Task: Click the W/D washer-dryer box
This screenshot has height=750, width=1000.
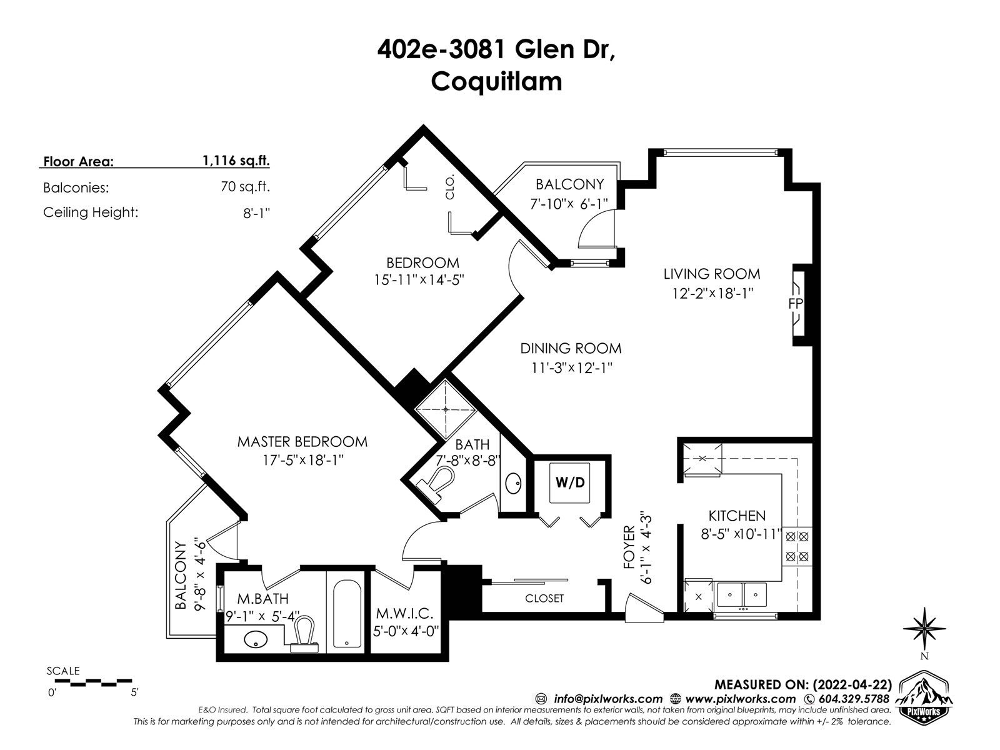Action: coord(569,483)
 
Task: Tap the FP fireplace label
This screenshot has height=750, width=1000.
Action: coord(796,304)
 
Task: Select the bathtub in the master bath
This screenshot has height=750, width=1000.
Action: coord(347,614)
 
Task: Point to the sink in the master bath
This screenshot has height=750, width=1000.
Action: coord(256,639)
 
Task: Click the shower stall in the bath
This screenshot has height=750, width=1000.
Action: coord(446,409)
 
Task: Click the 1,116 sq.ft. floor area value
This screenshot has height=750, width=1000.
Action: coord(236,160)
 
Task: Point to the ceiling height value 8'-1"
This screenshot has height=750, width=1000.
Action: coord(256,212)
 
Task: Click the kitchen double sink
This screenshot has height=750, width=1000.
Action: coord(742,595)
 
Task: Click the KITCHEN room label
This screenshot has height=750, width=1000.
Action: coord(737,516)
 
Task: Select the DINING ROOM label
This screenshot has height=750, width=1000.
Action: coord(571,348)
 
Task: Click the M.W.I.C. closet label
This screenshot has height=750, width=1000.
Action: coord(404,614)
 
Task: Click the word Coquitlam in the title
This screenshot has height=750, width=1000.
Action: coord(497,82)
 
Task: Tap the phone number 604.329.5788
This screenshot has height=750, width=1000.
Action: coord(854,699)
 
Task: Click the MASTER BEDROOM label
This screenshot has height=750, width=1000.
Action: coord(302,442)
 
